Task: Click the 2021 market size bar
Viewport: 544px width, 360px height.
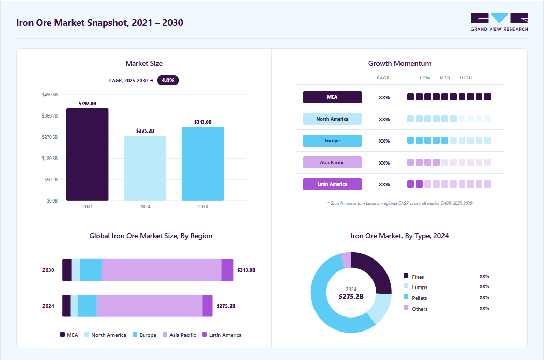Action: tap(88, 154)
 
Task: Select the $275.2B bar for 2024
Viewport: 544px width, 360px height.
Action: tap(145, 168)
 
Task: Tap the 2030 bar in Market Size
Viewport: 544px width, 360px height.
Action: tap(203, 164)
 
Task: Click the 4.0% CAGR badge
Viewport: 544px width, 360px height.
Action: tap(168, 80)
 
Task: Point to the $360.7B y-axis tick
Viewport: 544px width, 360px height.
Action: tap(50, 116)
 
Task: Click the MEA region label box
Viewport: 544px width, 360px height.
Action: tap(332, 97)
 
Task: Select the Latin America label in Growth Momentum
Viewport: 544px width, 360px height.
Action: tap(332, 184)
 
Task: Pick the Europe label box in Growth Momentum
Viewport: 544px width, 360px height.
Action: tap(332, 140)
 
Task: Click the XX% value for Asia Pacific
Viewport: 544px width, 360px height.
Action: tap(384, 163)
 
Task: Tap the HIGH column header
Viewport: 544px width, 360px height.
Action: tap(466, 78)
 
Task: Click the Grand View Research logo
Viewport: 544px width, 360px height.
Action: tap(499, 22)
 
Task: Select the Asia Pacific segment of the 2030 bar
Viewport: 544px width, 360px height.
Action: tap(161, 270)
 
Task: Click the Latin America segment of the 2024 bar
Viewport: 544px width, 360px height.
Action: tap(207, 306)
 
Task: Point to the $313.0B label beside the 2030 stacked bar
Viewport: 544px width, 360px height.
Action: tap(246, 270)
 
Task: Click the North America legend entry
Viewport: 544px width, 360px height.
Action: tap(106, 335)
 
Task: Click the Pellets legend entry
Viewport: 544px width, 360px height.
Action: tap(416, 298)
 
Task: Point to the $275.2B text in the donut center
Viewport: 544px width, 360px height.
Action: tap(351, 296)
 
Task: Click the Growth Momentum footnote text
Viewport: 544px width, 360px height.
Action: tap(399, 203)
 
